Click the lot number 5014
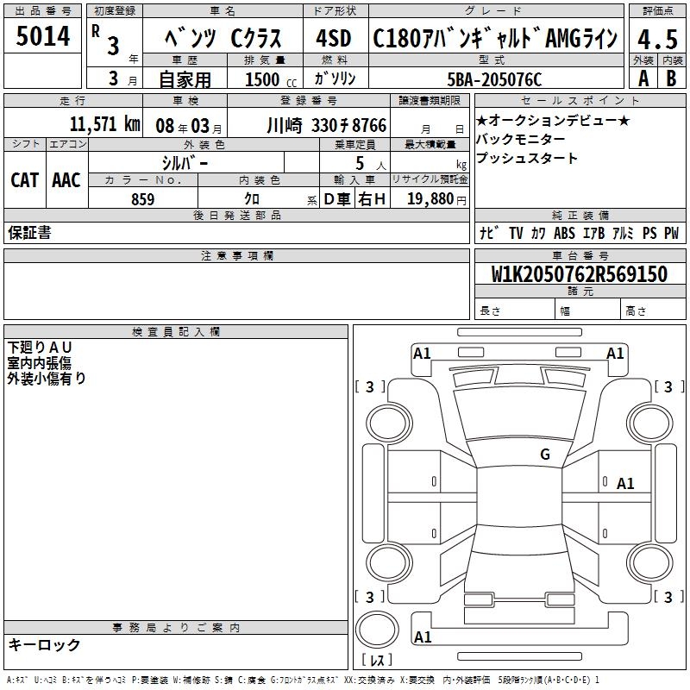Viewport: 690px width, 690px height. [x=43, y=36]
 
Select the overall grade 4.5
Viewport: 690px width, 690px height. [x=658, y=39]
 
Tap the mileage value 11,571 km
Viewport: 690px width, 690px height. [x=104, y=124]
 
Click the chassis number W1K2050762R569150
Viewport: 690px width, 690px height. [x=579, y=273]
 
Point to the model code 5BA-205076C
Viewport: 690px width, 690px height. [x=494, y=79]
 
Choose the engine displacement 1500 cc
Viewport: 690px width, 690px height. [x=271, y=79]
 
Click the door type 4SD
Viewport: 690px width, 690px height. [x=334, y=38]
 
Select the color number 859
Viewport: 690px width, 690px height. [x=142, y=199]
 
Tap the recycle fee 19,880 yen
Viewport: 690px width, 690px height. [x=436, y=199]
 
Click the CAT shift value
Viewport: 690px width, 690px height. [x=25, y=180]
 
